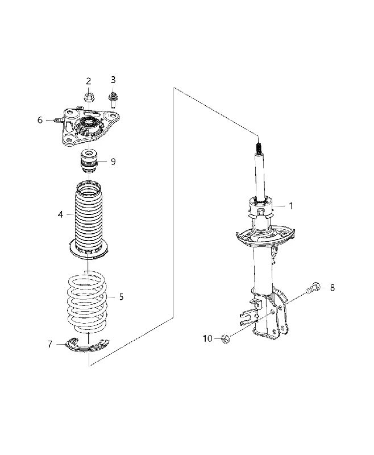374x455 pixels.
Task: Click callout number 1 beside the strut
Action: (x=291, y=206)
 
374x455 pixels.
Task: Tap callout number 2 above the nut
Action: (x=89, y=81)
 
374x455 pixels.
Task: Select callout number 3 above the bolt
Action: (x=113, y=80)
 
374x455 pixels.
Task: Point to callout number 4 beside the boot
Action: (x=60, y=214)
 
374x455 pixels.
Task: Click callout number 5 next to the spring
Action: (x=121, y=297)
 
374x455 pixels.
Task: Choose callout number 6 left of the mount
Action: (x=40, y=120)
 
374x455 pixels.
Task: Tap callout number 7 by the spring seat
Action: (x=50, y=344)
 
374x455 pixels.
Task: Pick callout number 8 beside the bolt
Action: (x=333, y=288)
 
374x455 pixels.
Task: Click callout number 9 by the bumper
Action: (x=113, y=162)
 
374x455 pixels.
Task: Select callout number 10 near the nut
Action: (x=207, y=338)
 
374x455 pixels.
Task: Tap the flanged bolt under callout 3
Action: (x=113, y=100)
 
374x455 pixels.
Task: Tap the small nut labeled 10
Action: (x=225, y=338)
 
